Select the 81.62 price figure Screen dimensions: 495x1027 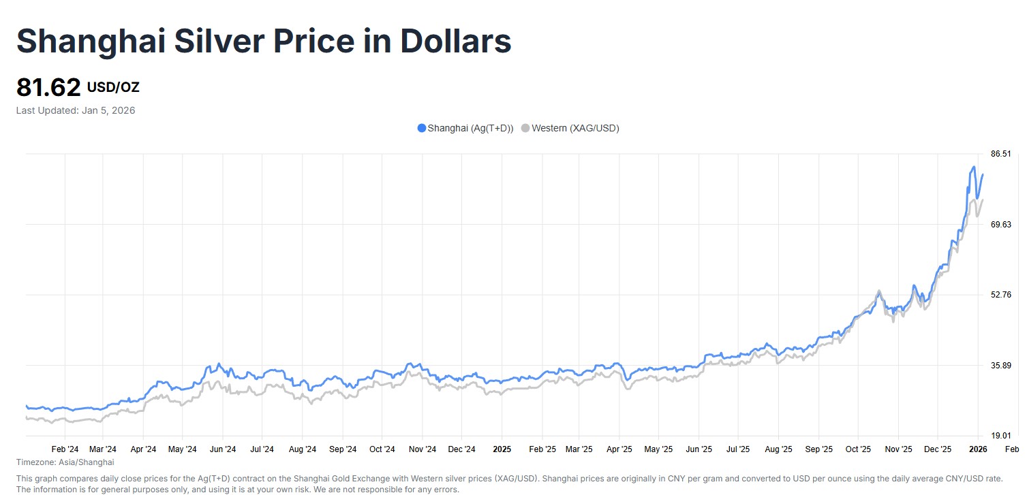click(48, 88)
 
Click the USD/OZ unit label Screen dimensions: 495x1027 click(113, 87)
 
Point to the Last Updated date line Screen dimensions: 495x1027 click(76, 110)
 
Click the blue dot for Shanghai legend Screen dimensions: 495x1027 click(421, 128)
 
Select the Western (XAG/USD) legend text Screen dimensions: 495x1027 click(575, 128)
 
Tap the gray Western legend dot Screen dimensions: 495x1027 click(525, 128)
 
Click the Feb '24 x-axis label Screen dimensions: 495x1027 click(65, 449)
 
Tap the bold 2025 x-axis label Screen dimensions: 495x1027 click(502, 449)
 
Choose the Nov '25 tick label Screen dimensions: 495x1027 click(898, 449)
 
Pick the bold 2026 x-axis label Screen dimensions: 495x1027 click(978, 449)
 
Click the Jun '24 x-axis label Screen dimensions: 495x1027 click(222, 449)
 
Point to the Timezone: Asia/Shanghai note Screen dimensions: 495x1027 click(65, 462)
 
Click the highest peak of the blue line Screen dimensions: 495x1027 click(974, 167)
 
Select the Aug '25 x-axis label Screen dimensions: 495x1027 click(778, 449)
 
